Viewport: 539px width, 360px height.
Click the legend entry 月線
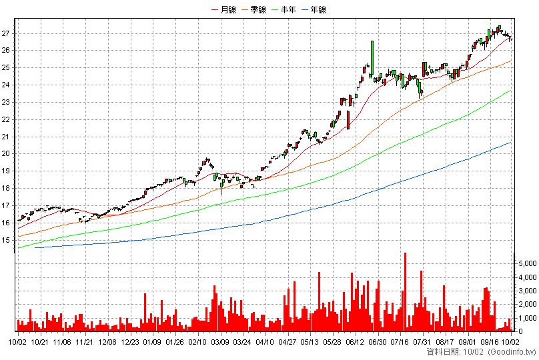coord(224,9)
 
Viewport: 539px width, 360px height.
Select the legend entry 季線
coord(254,9)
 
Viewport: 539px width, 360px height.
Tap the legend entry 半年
coord(284,9)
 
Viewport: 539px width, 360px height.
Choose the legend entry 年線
coord(314,9)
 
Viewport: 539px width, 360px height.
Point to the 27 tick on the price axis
coord(5,33)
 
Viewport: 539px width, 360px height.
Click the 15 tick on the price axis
coord(5,240)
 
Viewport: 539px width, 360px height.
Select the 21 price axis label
coord(5,137)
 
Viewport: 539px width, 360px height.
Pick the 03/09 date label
coord(219,342)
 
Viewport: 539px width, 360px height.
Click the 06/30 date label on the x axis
coord(378,342)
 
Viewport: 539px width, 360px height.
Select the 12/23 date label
coord(130,342)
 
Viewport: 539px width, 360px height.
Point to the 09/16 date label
coord(490,342)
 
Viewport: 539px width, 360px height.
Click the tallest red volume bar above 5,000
coord(406,292)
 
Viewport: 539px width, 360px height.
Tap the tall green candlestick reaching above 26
coord(372,59)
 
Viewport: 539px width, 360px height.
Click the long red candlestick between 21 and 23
coord(348,120)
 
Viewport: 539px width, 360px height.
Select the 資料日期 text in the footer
coord(442,352)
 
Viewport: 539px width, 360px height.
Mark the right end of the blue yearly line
coord(512,142)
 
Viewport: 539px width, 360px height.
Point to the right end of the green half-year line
coord(512,91)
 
